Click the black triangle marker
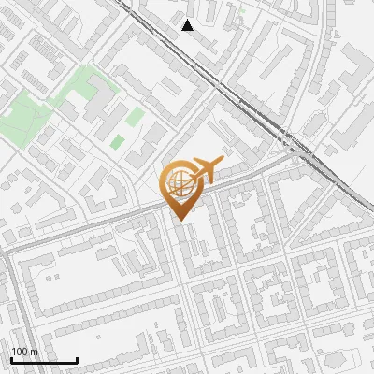click(188, 25)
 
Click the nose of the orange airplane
click(223, 160)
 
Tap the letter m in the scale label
click(34, 352)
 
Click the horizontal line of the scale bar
click(44, 360)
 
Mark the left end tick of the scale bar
click(11, 359)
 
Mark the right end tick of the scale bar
click(77, 359)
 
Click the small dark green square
click(118, 142)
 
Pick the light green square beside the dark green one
click(137, 116)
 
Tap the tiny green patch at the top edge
click(241, 13)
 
